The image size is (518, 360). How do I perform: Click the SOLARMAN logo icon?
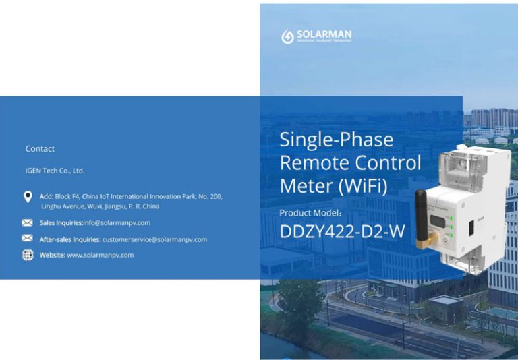pos(287,36)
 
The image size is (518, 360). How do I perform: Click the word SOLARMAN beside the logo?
pos(324,34)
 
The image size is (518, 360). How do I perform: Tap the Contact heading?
pos(40,149)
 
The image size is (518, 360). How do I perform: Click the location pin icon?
pos(28,197)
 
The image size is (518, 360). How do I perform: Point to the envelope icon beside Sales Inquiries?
pos(28,222)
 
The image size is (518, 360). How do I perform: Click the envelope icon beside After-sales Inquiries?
pos(28,239)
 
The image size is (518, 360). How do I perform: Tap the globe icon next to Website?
pos(28,255)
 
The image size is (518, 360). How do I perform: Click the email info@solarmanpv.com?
pos(117,222)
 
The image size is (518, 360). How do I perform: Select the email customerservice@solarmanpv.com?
pos(154,239)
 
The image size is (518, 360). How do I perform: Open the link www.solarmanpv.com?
pos(100,256)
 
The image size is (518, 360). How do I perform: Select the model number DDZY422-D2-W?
pos(342,232)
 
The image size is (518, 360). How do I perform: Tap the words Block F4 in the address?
pos(67,196)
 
